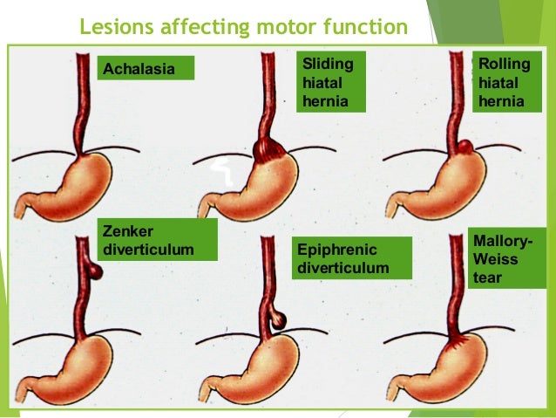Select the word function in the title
coord(368,27)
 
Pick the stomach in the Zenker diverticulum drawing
coord(78,367)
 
